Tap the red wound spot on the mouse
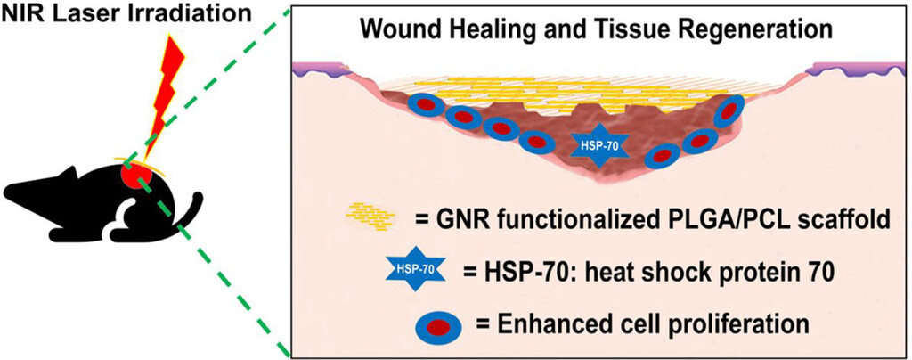(x=135, y=173)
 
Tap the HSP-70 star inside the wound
(x=598, y=143)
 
